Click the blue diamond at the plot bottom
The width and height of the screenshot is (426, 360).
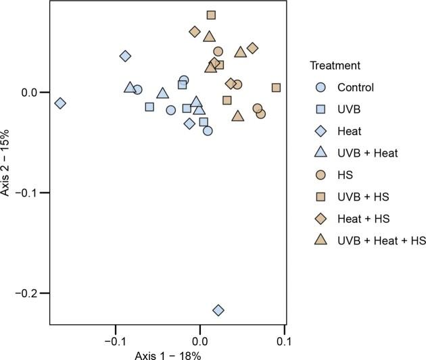tap(218, 310)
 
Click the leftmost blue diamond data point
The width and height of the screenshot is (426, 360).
tap(60, 103)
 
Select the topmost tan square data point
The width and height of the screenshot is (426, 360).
tap(211, 15)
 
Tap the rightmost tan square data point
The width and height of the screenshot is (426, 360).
tap(276, 88)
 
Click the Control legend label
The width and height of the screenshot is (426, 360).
tap(355, 87)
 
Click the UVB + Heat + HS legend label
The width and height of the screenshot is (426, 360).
tap(381, 240)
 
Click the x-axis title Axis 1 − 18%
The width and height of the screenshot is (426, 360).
tap(166, 353)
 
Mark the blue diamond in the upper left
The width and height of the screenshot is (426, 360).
tap(125, 56)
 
